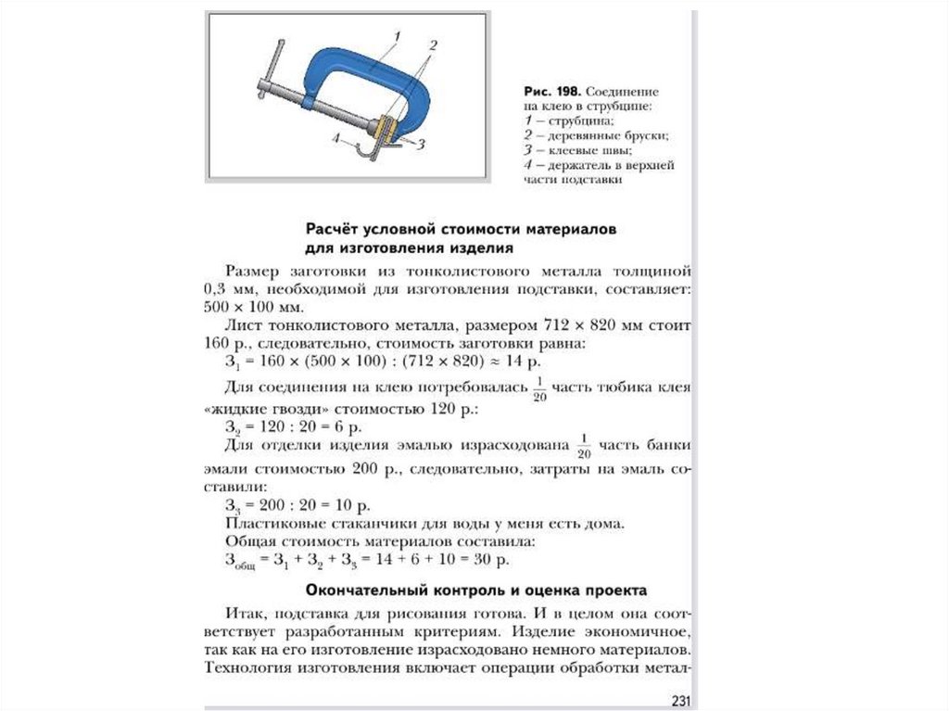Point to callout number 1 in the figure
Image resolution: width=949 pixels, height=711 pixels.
396,34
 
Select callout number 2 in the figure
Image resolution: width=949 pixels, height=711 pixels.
433,44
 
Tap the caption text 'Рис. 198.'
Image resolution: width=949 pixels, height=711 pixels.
552,93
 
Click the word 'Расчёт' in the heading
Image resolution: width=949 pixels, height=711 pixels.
335,227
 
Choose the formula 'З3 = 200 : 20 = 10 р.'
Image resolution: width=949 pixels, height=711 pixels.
297,506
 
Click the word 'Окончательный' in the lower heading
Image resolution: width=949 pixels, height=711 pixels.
364,590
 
